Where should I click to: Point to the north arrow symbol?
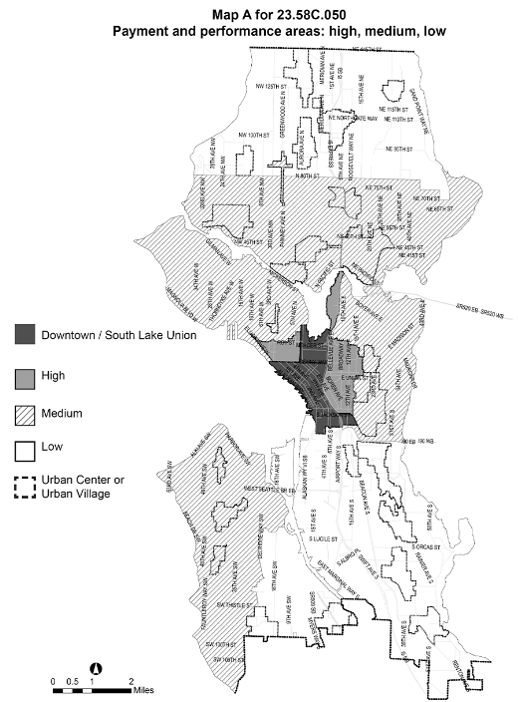point(97,668)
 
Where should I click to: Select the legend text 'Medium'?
point(63,412)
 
